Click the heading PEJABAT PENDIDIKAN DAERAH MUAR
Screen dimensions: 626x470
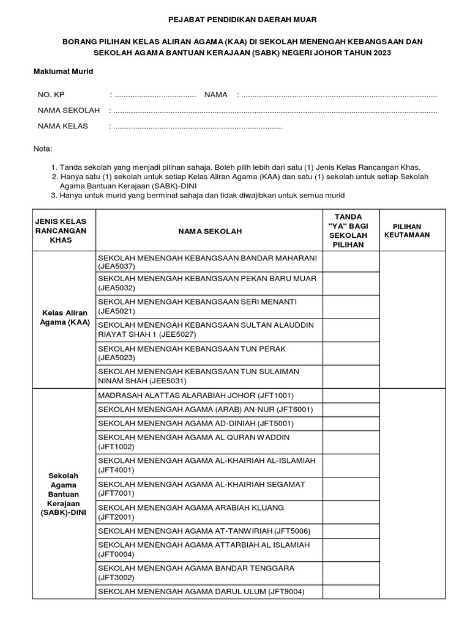pos(235,20)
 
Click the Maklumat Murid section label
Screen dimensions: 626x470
pos(63,72)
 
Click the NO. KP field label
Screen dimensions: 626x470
pos(51,95)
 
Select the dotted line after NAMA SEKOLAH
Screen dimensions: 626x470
pos(275,111)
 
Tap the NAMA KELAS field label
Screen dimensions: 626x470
pos(63,127)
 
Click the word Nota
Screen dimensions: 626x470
pos(43,149)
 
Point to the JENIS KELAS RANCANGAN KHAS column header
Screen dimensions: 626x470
pos(61,230)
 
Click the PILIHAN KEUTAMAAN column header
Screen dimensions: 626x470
pos(406,230)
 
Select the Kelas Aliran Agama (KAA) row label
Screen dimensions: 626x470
pos(61,317)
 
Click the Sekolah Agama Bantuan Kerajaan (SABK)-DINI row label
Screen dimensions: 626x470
pos(61,493)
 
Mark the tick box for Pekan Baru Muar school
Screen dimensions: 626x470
pos(351,283)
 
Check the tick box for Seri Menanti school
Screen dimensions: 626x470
pos(351,306)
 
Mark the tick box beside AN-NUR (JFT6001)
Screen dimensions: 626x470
pos(351,410)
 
